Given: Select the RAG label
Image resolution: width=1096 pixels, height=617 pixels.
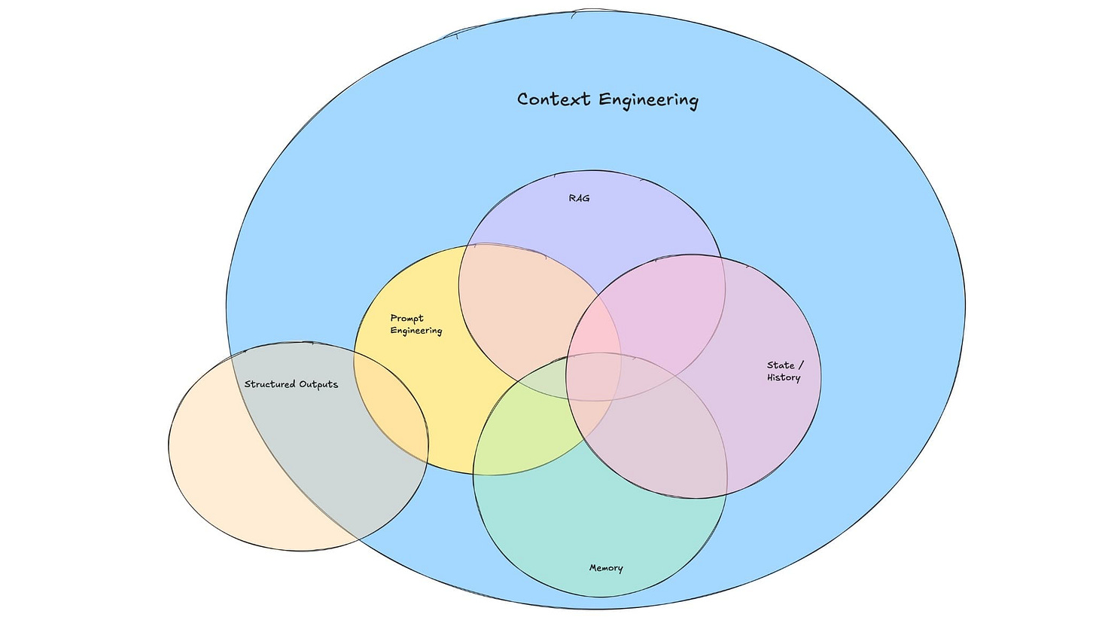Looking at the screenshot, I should pyautogui.click(x=579, y=199).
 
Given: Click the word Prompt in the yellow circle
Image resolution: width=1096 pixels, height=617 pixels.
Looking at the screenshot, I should pyautogui.click(x=406, y=318).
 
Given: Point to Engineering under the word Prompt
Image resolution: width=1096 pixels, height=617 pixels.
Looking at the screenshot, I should pyautogui.click(x=416, y=331).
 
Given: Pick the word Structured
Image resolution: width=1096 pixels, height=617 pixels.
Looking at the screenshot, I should pyautogui.click(x=269, y=384).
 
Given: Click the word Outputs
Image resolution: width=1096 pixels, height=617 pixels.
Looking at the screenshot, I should pyautogui.click(x=318, y=384).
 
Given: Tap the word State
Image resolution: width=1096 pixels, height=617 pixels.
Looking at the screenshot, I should pyautogui.click(x=781, y=365).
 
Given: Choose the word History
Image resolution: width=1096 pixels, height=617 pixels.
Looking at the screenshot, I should pyautogui.click(x=784, y=377).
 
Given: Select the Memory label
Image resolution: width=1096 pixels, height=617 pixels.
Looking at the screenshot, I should pyautogui.click(x=606, y=568).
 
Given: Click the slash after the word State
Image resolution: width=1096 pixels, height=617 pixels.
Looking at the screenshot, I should pyautogui.click(x=800, y=365).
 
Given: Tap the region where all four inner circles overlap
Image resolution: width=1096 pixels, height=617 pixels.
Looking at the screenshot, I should pyautogui.click(x=595, y=377).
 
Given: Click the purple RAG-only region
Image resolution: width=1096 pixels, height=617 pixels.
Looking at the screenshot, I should pyautogui.click(x=587, y=226).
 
